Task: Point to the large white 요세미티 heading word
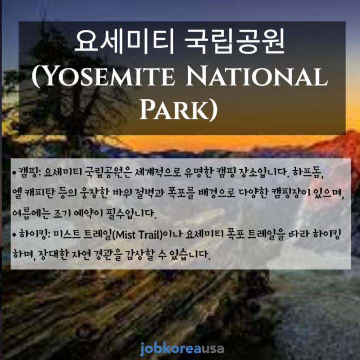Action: (x=124, y=41)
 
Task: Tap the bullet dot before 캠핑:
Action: (x=15, y=172)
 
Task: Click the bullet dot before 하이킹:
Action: (x=15, y=235)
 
